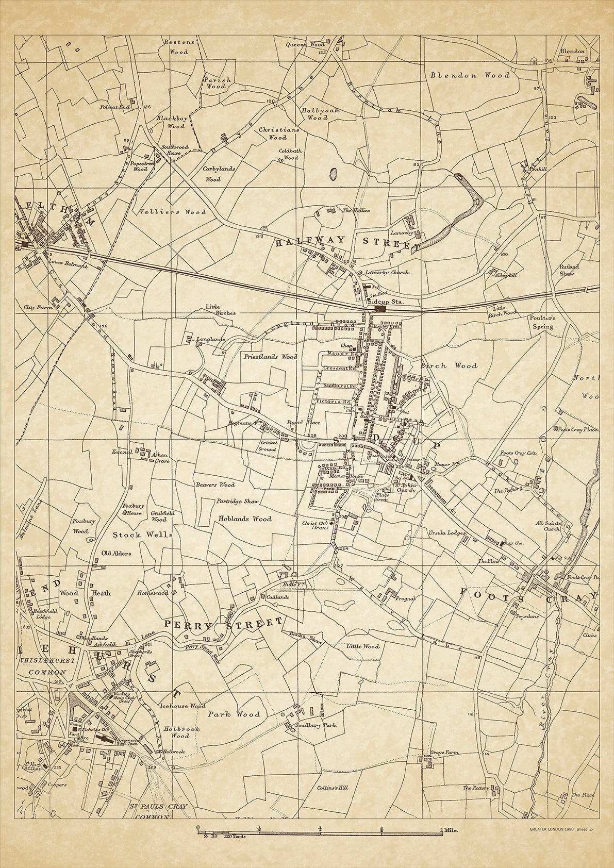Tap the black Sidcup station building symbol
point(380,308)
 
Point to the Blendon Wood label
point(470,75)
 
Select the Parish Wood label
point(217,84)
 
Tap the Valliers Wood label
point(172,212)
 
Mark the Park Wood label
point(234,714)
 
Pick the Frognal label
point(405,599)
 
